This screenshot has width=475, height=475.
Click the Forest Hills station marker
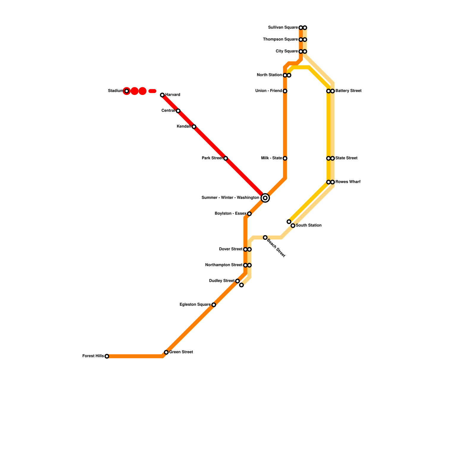click(x=107, y=356)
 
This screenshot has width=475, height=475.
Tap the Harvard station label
click(x=173, y=95)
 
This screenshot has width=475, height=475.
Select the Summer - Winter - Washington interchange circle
click(x=265, y=198)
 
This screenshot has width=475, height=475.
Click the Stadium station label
click(x=115, y=91)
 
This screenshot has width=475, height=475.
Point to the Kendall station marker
click(x=194, y=127)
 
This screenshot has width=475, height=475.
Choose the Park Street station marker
click(x=226, y=159)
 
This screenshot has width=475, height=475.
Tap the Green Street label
click(x=181, y=352)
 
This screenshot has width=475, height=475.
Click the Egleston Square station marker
click(x=214, y=305)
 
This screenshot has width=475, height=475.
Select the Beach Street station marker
click(x=265, y=237)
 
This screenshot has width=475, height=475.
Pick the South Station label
click(x=309, y=226)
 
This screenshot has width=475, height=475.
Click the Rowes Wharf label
click(x=348, y=182)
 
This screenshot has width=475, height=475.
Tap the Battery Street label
click(x=349, y=91)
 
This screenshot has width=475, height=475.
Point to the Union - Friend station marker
click(x=285, y=91)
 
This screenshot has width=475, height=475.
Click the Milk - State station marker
click(x=285, y=159)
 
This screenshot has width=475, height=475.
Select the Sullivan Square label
click(x=283, y=28)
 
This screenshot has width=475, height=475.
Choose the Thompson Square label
click(x=281, y=39)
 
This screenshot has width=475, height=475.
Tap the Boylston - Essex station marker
click(x=249, y=214)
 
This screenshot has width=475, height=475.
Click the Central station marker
click(x=178, y=111)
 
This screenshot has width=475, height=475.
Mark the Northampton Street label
click(x=224, y=265)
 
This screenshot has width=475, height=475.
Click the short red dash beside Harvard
click(x=152, y=91)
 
